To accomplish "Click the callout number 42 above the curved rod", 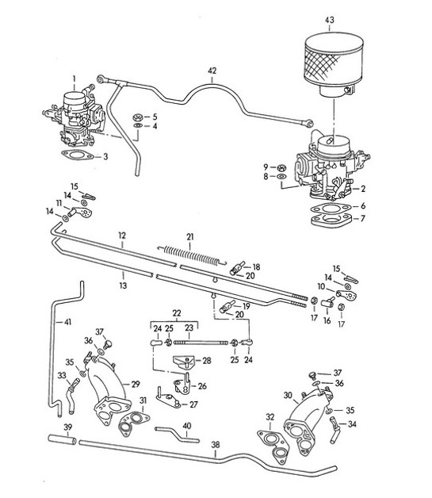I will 212,71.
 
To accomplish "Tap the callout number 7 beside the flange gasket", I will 364,217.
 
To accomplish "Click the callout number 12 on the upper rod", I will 122,236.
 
